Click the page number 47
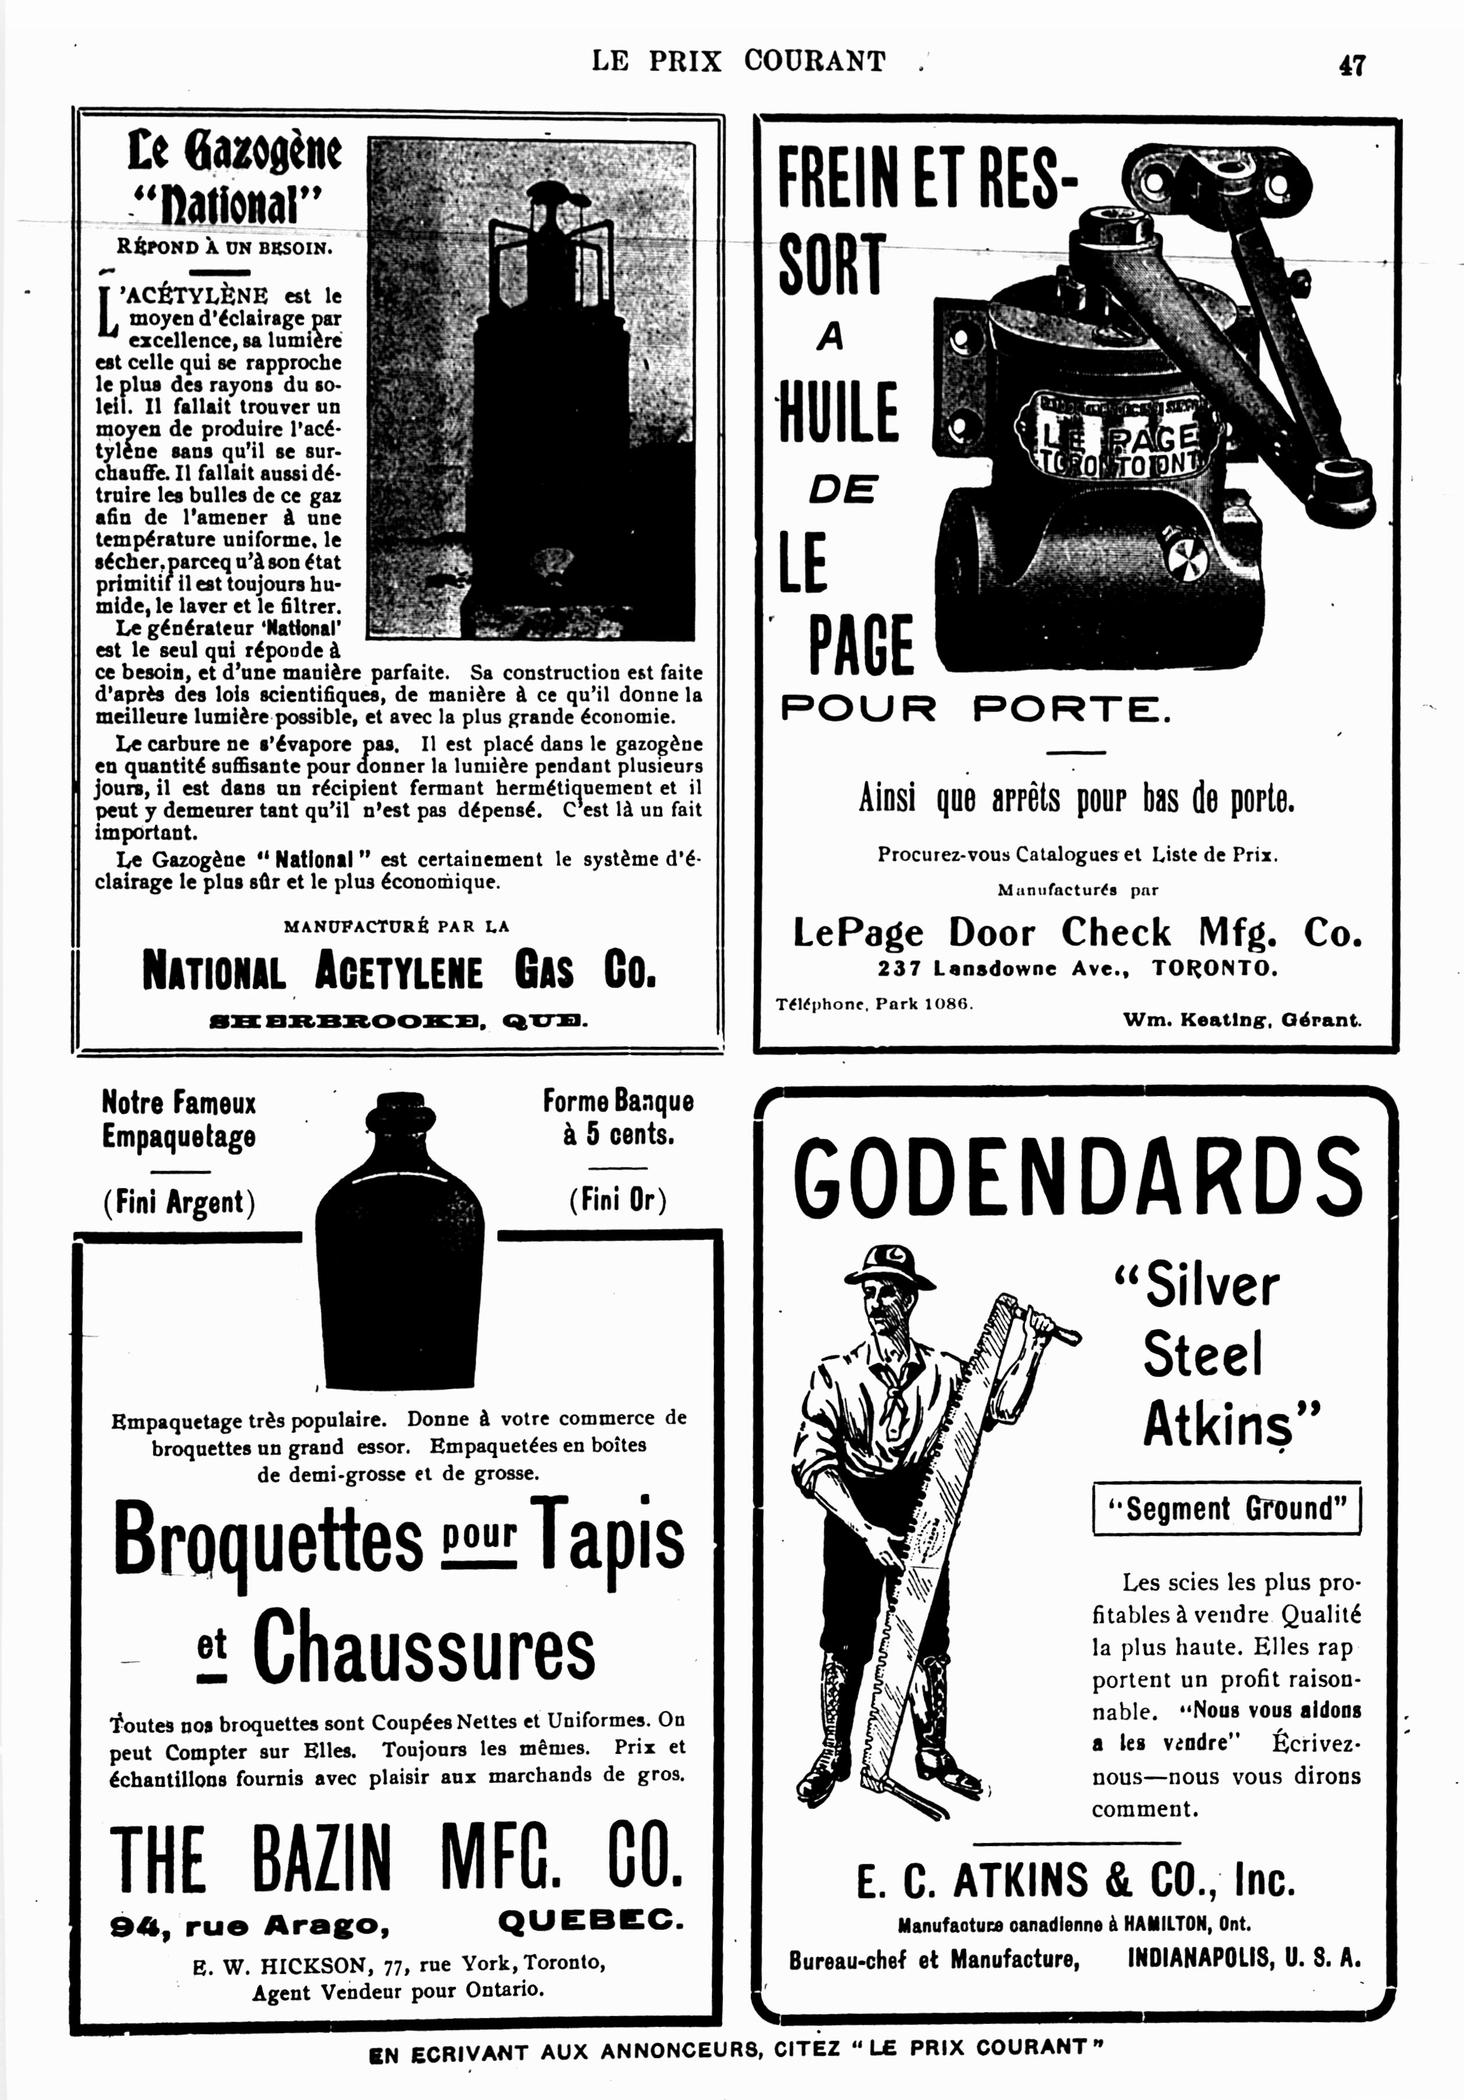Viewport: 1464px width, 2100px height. [1351, 66]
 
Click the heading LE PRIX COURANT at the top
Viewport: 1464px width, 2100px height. [739, 61]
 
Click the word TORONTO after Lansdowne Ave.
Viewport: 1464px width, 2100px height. [1214, 968]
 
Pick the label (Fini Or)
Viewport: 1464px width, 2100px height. [618, 1199]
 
